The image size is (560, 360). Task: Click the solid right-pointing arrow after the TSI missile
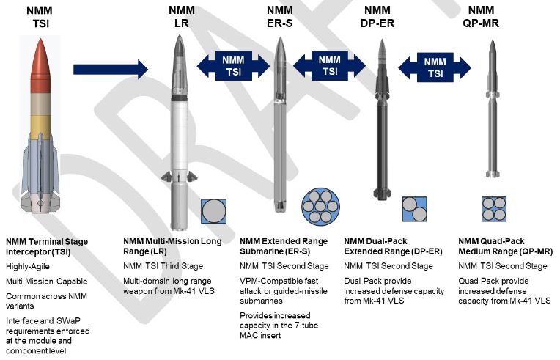[111, 69]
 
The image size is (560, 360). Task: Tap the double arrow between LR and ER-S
[233, 65]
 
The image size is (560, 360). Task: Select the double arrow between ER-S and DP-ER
[329, 65]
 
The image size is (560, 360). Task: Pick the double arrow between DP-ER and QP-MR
[435, 67]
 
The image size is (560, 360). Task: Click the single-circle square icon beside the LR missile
[213, 211]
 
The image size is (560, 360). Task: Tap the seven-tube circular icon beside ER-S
[320, 207]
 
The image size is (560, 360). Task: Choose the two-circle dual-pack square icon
[414, 209]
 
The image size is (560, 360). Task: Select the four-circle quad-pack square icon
[494, 209]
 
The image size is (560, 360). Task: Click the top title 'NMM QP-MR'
[481, 17]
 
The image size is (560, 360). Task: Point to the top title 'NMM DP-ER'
[377, 17]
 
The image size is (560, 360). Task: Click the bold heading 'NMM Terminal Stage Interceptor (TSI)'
[47, 247]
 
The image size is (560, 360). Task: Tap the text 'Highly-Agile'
[28, 266]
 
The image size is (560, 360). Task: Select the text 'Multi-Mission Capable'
[46, 282]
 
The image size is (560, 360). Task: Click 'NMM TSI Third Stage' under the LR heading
[163, 266]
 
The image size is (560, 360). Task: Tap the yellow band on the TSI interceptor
[40, 128]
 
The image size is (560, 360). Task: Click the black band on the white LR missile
[180, 98]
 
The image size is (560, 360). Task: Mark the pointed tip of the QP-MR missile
[493, 40]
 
